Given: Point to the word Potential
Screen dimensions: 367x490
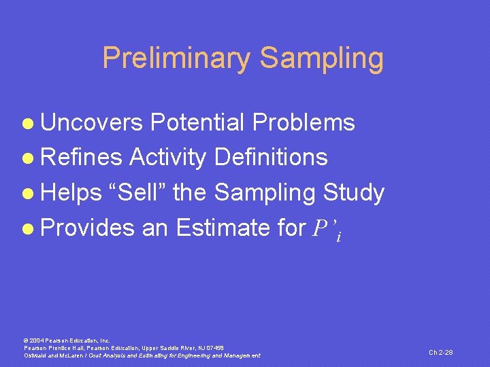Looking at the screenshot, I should pyautogui.click(x=198, y=122).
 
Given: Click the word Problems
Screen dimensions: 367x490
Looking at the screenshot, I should pyautogui.click(x=304, y=122).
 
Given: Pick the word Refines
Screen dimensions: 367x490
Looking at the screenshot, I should pyautogui.click(x=82, y=158).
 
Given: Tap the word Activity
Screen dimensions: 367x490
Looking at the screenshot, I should pyautogui.click(x=167, y=158).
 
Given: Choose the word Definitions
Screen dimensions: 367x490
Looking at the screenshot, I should pyautogui.click(x=271, y=158).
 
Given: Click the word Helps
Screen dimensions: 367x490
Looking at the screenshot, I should pyautogui.click(x=71, y=193).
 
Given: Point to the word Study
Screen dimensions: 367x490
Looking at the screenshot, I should pyautogui.click(x=353, y=193).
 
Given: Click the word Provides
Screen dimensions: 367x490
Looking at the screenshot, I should pyautogui.click(x=88, y=228).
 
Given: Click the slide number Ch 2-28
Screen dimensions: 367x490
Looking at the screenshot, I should pyautogui.click(x=440, y=352).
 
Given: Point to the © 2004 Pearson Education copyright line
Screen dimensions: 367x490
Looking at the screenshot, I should pyautogui.click(x=67, y=340).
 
